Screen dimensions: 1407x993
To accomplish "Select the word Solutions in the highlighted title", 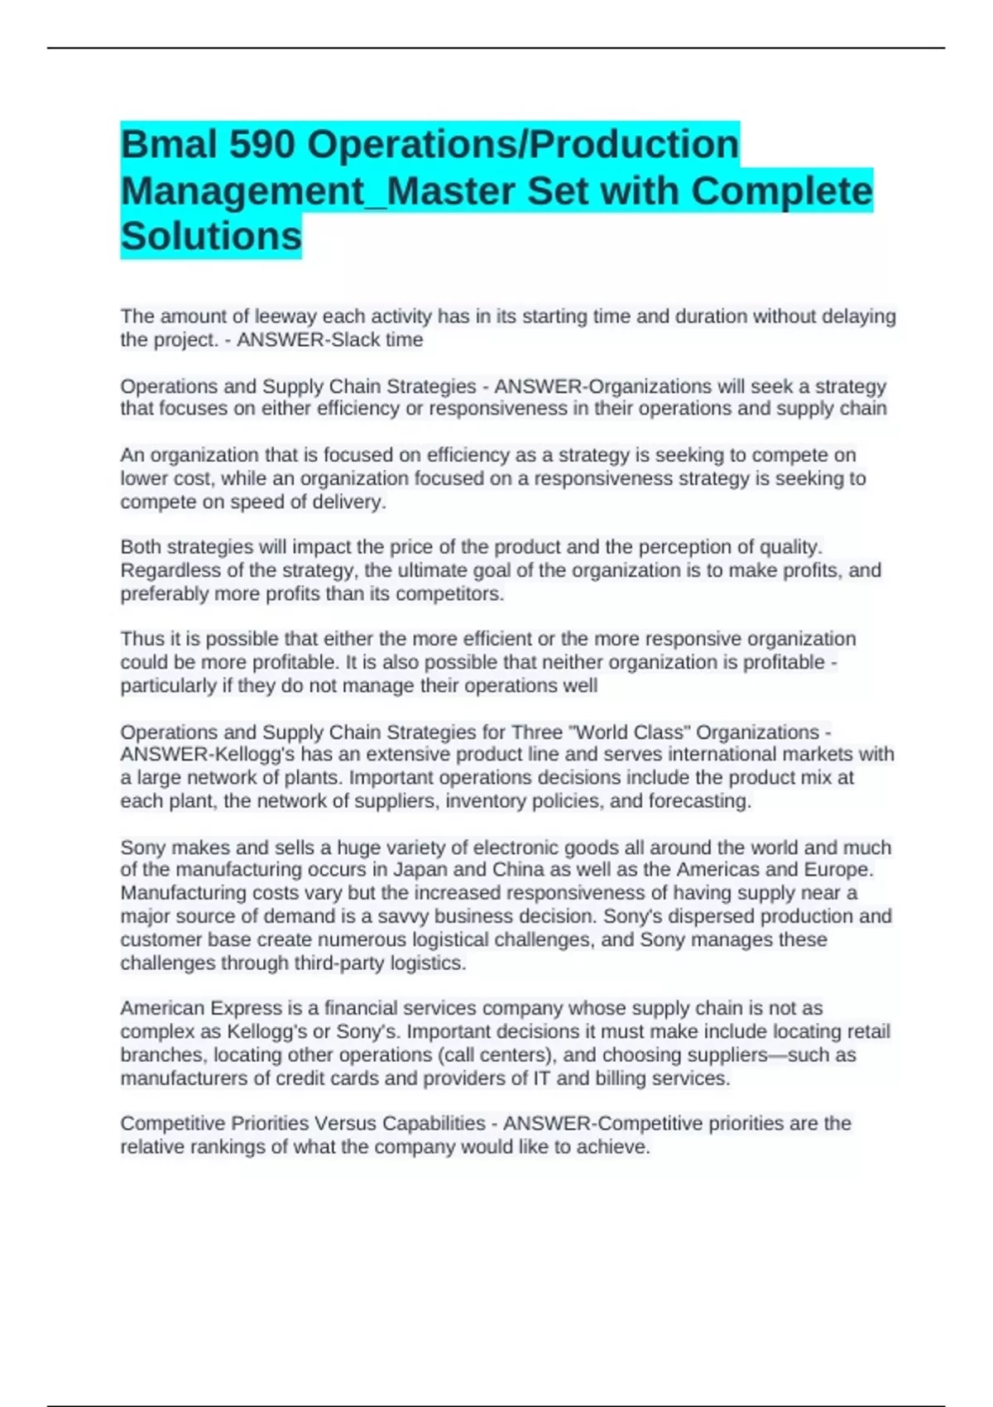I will point(211,237).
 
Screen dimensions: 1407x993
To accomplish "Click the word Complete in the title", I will point(781,190).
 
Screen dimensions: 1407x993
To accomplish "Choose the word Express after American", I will point(246,1008).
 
